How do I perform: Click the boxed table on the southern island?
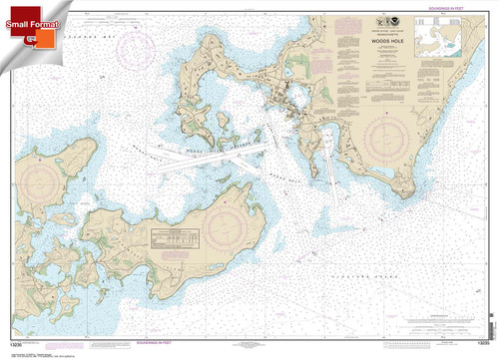click(177, 239)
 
